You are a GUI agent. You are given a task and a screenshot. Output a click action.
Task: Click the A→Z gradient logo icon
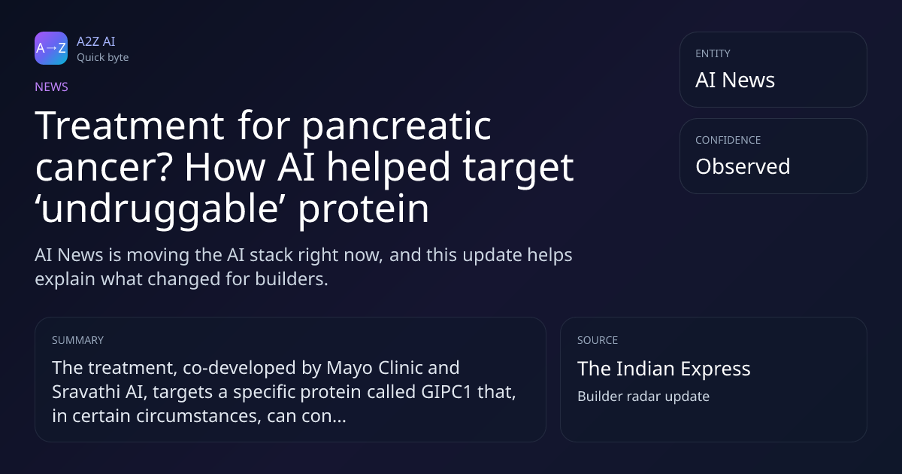click(x=51, y=48)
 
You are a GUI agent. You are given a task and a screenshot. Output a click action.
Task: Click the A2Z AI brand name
click(x=96, y=41)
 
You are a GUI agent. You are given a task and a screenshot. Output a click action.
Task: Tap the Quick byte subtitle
click(x=103, y=58)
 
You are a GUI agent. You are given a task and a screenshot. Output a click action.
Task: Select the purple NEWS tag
click(x=52, y=87)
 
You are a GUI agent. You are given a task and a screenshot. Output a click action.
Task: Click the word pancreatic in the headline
click(x=397, y=126)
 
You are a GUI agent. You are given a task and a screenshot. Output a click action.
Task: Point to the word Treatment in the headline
click(x=129, y=126)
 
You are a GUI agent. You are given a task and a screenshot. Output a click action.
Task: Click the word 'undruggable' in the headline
click(x=157, y=210)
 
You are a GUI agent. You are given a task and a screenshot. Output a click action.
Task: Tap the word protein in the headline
click(x=363, y=209)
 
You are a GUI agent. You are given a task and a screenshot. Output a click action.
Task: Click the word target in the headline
click(x=518, y=168)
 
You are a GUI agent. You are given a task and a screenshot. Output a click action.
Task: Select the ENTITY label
click(x=713, y=53)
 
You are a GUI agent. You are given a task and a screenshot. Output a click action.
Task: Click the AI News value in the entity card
click(x=735, y=80)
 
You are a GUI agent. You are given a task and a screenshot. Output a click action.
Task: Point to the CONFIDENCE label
click(x=728, y=140)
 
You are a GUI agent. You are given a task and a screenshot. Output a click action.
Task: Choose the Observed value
click(x=743, y=166)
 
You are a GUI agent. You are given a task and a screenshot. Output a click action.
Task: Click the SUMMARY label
click(x=77, y=340)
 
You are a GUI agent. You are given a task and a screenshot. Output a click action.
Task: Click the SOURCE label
click(x=598, y=340)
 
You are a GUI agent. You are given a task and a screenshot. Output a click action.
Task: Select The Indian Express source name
click(x=664, y=369)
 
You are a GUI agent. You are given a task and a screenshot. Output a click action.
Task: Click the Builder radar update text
click(x=643, y=397)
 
